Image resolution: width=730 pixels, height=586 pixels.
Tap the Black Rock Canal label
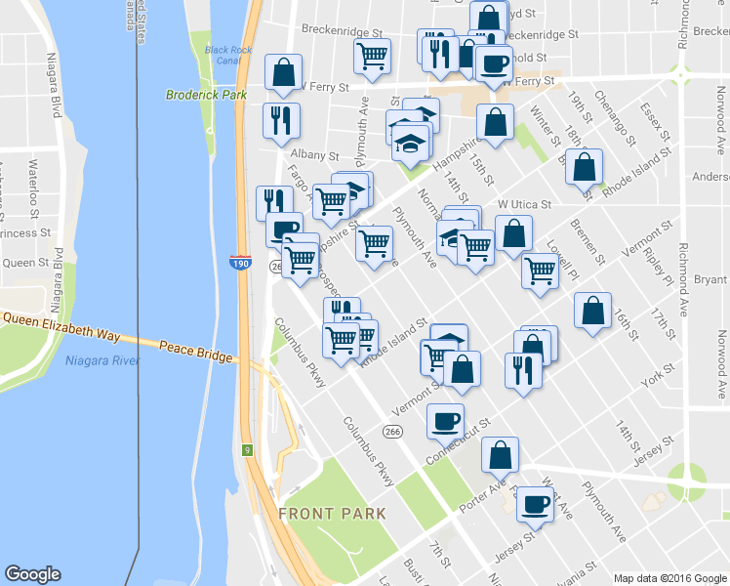[x=223, y=56]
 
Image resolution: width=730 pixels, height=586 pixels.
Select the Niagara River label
[x=101, y=360]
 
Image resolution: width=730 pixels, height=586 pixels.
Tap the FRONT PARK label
[x=332, y=513]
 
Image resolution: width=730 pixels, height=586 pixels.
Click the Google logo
[x=32, y=574]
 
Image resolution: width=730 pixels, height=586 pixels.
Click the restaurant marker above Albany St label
[x=281, y=120]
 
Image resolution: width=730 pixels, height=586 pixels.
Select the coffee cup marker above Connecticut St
[x=445, y=420]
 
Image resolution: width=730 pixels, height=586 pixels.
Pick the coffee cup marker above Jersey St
[x=535, y=504]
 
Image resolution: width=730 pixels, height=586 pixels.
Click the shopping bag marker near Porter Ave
[x=500, y=454]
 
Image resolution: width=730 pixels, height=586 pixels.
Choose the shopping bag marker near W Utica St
[x=513, y=234]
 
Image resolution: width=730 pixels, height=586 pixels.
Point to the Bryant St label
[x=711, y=279]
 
